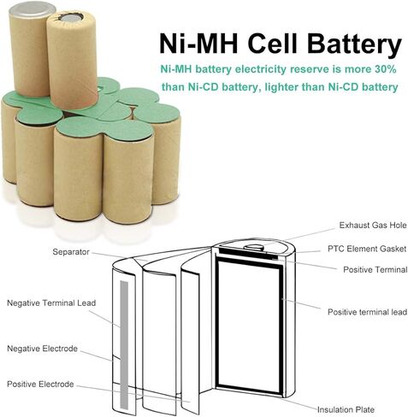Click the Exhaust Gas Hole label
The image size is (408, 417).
click(x=373, y=226)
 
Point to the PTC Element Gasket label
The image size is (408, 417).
click(x=367, y=249)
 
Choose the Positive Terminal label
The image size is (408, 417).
click(x=375, y=269)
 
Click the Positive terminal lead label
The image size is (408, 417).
click(x=367, y=312)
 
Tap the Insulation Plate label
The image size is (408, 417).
click(x=346, y=410)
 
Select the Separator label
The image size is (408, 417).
click(x=71, y=252)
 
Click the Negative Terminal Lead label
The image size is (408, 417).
click(x=51, y=302)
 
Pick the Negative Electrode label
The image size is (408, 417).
click(x=42, y=349)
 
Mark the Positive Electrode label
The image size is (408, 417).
click(x=40, y=384)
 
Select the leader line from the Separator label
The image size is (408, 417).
click(x=120, y=256)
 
